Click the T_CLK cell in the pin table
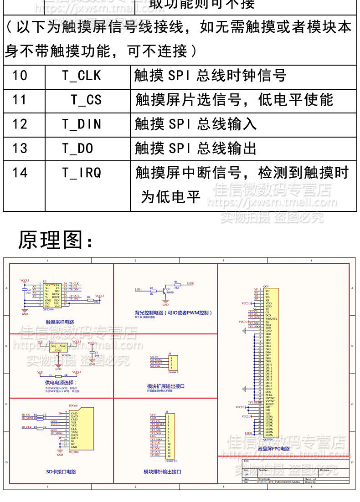[x=82, y=76]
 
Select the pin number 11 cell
[x=20, y=100]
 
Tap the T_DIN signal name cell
[x=82, y=124]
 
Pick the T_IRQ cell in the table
[x=82, y=173]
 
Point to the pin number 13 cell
[x=20, y=149]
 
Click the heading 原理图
[x=55, y=240]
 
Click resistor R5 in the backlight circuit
[x=176, y=284]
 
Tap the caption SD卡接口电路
[x=61, y=471]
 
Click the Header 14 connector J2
[x=170, y=435]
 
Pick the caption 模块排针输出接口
[x=162, y=471]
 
